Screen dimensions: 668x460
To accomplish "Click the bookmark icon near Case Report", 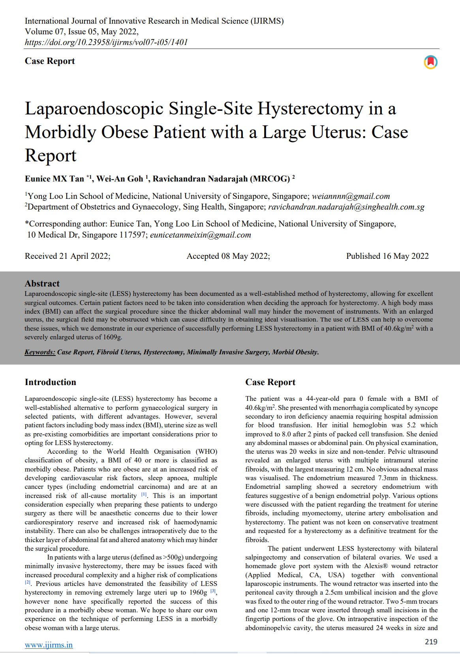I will click(x=430, y=62).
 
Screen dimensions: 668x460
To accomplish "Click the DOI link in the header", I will click(x=106, y=42).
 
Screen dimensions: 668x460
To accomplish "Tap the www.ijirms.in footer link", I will click(x=49, y=645).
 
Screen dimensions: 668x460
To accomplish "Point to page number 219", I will click(x=431, y=642).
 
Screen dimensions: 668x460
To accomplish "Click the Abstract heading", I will click(x=42, y=283).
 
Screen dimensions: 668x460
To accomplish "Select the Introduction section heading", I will click(x=50, y=382).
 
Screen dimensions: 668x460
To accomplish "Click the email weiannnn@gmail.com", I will click(x=351, y=196).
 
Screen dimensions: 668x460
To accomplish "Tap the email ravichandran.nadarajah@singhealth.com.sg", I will click(x=346, y=207).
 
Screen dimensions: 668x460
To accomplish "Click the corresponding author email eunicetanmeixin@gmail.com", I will click(x=200, y=235).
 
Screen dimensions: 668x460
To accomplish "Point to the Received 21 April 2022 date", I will click(x=68, y=256).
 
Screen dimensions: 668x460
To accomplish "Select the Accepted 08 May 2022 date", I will click(x=228, y=256).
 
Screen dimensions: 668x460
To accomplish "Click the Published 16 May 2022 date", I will click(x=387, y=256).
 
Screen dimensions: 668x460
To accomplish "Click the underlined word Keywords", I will click(x=40, y=352).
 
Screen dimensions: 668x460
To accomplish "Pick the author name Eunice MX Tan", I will click(x=54, y=179).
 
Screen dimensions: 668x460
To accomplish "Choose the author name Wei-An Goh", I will click(x=120, y=179).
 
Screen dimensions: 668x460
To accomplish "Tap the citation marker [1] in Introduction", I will click(x=145, y=494).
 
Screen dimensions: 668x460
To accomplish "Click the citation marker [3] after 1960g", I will click(x=213, y=591).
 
